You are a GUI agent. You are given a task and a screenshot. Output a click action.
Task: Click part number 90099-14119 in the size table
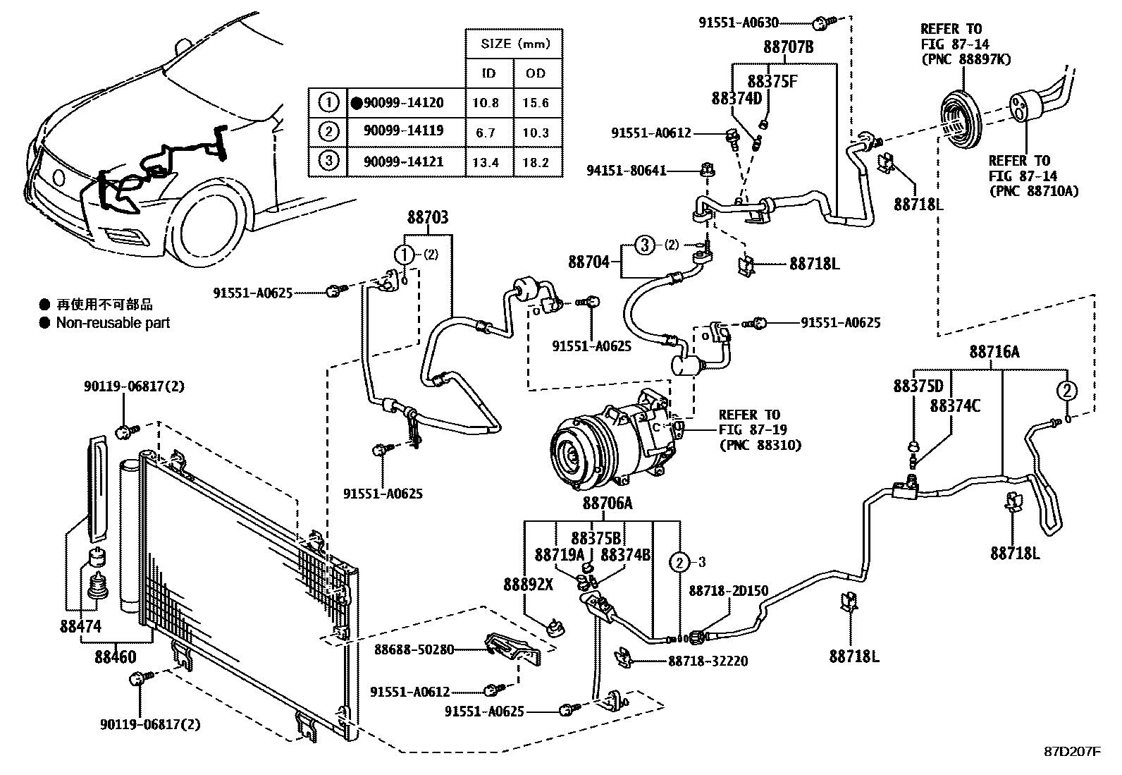(x=403, y=131)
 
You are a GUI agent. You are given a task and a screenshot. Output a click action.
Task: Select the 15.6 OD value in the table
(x=536, y=103)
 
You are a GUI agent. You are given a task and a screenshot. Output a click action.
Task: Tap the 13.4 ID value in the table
(x=486, y=162)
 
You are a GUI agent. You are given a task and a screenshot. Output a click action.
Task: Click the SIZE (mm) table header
(x=514, y=44)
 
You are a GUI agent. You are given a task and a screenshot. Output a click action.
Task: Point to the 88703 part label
(x=427, y=218)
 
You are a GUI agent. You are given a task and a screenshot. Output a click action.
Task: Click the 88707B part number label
(x=789, y=47)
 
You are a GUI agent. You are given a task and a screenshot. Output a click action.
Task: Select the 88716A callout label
(x=994, y=352)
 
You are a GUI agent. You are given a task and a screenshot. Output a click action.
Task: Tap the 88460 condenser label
(x=116, y=657)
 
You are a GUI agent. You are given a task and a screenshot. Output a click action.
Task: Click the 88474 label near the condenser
(x=80, y=626)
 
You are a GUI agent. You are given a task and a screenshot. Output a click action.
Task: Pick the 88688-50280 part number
(x=414, y=649)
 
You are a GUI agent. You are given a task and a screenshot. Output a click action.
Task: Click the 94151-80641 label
(x=627, y=171)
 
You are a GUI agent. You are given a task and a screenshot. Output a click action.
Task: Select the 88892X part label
(x=528, y=584)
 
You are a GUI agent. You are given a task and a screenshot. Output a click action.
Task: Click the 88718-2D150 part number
(x=728, y=591)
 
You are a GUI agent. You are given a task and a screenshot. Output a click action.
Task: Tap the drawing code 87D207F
(x=1072, y=752)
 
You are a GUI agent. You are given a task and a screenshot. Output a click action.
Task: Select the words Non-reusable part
(x=113, y=323)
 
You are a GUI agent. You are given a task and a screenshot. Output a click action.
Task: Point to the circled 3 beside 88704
(x=644, y=245)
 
